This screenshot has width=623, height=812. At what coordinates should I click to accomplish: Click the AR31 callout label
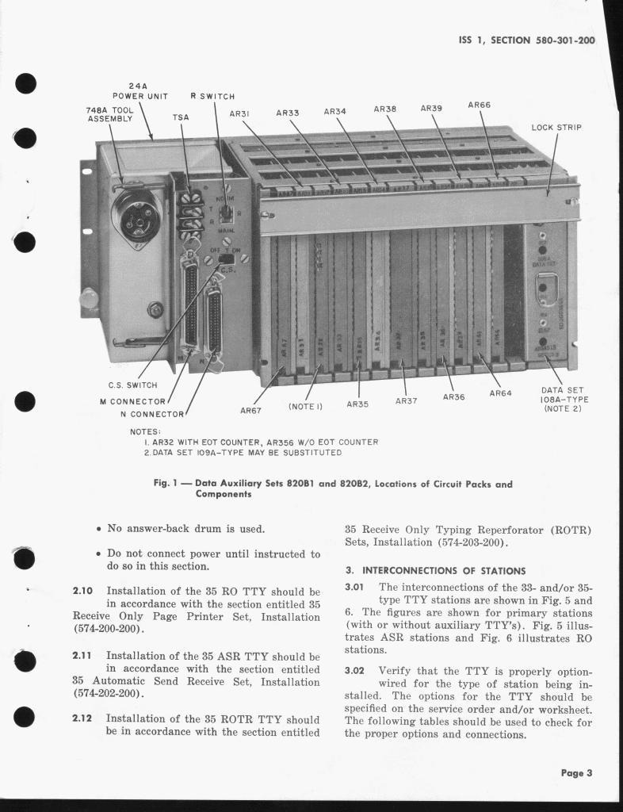pos(239,114)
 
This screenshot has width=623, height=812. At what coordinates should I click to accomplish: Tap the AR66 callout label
pos(479,105)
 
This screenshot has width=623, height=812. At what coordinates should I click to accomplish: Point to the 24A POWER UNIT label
pos(140,91)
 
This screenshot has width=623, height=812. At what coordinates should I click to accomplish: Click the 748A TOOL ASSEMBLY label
pos(110,114)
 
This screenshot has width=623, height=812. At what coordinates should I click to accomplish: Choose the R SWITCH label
pos(212,97)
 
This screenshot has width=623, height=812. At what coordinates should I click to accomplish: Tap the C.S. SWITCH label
pos(133,385)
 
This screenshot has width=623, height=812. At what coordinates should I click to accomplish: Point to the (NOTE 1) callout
pos(305,406)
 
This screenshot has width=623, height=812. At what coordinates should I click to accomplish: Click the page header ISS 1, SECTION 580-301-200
pos(526,40)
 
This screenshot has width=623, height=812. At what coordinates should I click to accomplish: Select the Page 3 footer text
pos(576,773)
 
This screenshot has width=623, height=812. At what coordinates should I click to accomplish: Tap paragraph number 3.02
pos(354,670)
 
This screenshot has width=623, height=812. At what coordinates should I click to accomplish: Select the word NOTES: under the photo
pos(145,431)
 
